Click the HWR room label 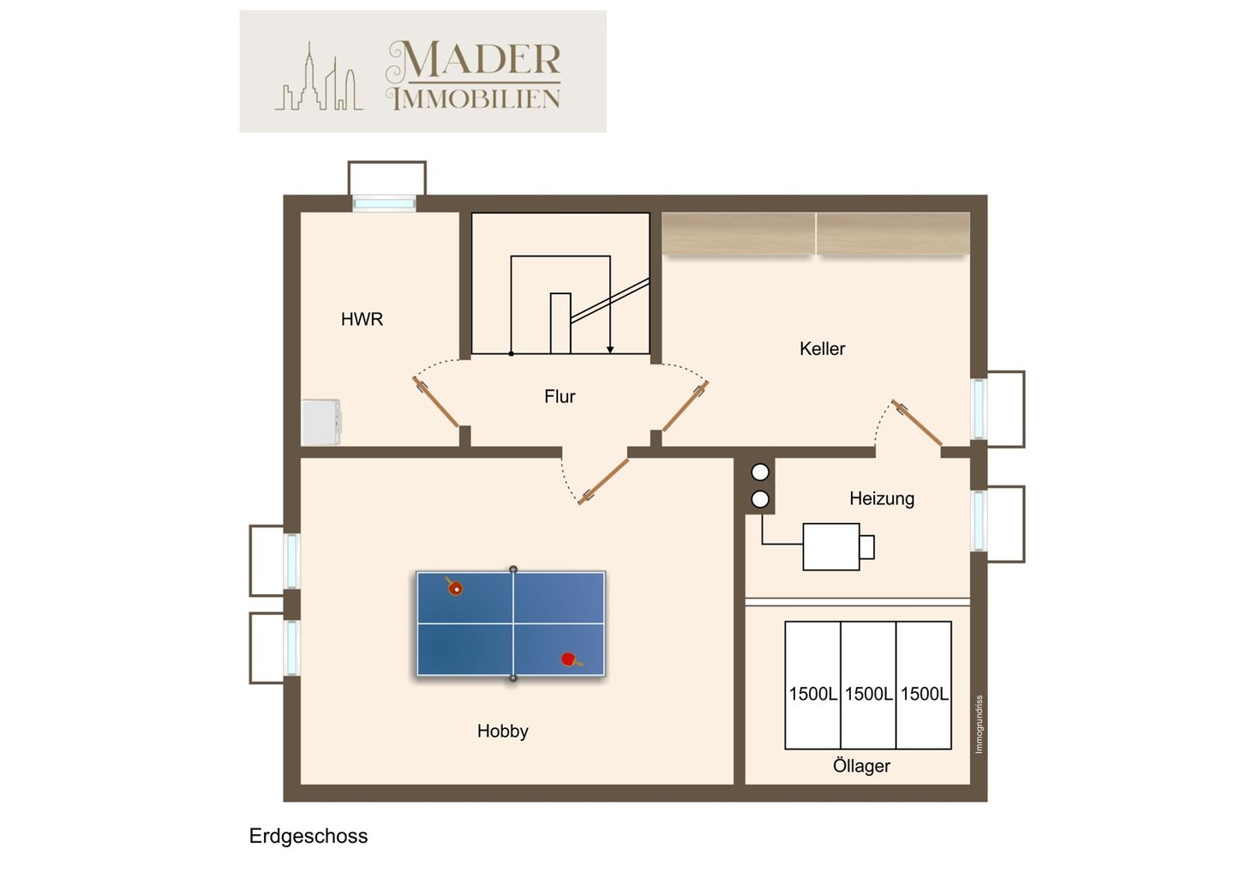(x=362, y=319)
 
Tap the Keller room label (x=822, y=348)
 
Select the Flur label (x=560, y=396)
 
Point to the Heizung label (x=882, y=499)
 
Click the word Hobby (x=502, y=732)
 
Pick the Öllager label (x=861, y=766)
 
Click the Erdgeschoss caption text (x=308, y=836)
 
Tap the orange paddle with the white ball (x=454, y=587)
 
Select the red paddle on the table (x=571, y=659)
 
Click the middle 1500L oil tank (x=868, y=685)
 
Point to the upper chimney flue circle (x=760, y=473)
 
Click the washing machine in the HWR (x=320, y=422)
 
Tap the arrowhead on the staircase (x=610, y=349)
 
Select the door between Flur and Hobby (x=603, y=481)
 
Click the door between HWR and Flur (x=435, y=402)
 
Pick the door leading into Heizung (x=917, y=423)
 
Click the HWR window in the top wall (x=384, y=204)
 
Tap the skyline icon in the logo (x=319, y=76)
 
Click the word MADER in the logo (x=474, y=59)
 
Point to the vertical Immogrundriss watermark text (x=979, y=724)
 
